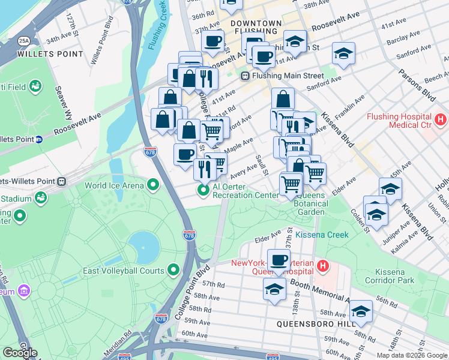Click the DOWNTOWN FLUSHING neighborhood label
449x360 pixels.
click(255, 28)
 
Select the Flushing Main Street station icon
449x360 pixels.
click(245, 76)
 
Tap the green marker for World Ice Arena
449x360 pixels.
click(153, 185)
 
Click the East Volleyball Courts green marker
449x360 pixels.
click(174, 271)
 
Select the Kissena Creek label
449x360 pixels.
click(322, 235)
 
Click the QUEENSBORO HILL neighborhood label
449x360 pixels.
click(313, 324)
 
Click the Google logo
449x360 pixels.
click(20, 352)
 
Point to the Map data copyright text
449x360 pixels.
click(411, 355)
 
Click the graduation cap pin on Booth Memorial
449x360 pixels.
click(274, 289)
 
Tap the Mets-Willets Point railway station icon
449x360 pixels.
click(61, 181)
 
